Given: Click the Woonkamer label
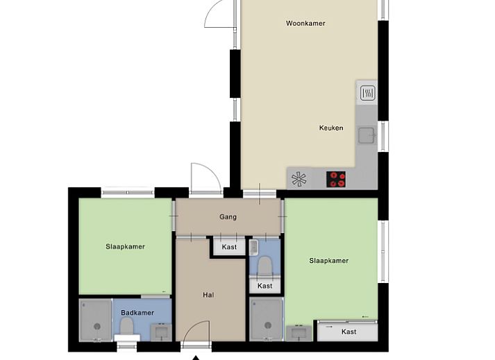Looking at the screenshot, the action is pyautogui.click(x=305, y=23).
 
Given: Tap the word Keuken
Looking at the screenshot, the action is pyautogui.click(x=331, y=128).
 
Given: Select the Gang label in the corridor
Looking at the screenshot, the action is pyautogui.click(x=228, y=217).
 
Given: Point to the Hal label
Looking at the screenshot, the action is pyautogui.click(x=208, y=295).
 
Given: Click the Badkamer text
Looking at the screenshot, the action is pyautogui.click(x=137, y=313).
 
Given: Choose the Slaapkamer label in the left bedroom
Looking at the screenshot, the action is pyautogui.click(x=126, y=246).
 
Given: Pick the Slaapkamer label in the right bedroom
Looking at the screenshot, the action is pyautogui.click(x=329, y=261).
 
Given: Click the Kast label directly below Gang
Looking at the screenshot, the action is pyautogui.click(x=229, y=247).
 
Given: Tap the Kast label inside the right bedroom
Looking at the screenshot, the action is pyautogui.click(x=349, y=332).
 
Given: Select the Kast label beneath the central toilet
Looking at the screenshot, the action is pyautogui.click(x=265, y=286).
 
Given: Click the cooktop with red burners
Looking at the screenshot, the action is pyautogui.click(x=336, y=179).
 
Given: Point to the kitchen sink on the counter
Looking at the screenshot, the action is pyautogui.click(x=367, y=135).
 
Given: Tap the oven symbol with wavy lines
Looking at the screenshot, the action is pyautogui.click(x=367, y=94).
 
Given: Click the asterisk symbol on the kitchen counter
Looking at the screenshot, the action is pyautogui.click(x=299, y=180).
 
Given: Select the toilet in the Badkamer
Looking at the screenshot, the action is pyautogui.click(x=127, y=327).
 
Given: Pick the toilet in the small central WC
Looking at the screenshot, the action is pyautogui.click(x=265, y=266).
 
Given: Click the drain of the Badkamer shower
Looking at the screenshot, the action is pyautogui.click(x=97, y=326).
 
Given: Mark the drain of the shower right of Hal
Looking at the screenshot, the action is pyautogui.click(x=268, y=325).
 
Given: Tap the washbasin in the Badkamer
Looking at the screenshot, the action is pyautogui.click(x=161, y=332).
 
